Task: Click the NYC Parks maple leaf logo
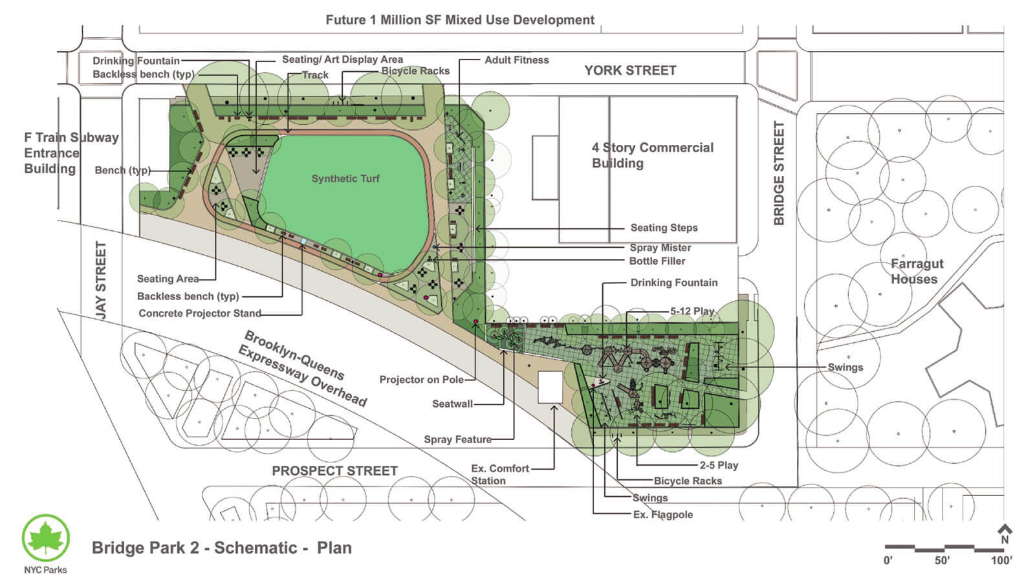(x=45, y=538)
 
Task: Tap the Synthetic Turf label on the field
(x=345, y=179)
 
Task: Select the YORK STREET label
(x=630, y=71)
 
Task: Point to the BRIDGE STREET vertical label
(x=779, y=173)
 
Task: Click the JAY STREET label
(x=101, y=279)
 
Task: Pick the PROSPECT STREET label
(x=334, y=471)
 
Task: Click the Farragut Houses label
(x=917, y=272)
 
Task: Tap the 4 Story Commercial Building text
(x=652, y=155)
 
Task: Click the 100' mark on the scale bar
(x=1001, y=560)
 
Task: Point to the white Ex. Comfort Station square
(x=550, y=387)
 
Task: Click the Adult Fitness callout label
(x=516, y=60)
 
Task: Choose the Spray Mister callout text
(x=660, y=248)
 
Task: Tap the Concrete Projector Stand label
(x=200, y=314)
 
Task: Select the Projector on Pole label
(x=421, y=380)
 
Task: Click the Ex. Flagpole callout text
(x=662, y=515)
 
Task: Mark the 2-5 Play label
(x=719, y=465)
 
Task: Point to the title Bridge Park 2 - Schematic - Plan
(x=222, y=548)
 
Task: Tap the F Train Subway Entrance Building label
(x=71, y=153)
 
